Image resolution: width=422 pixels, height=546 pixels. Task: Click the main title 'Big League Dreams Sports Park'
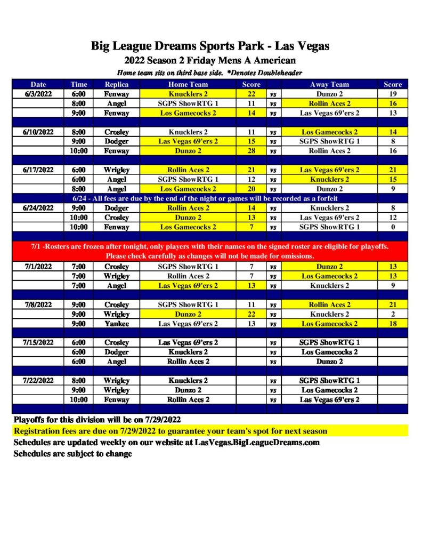click(210, 46)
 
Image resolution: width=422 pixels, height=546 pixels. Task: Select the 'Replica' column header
click(117, 84)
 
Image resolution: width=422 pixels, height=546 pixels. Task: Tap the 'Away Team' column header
click(329, 84)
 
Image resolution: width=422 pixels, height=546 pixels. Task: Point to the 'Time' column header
click(78, 84)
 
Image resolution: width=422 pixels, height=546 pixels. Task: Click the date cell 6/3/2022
click(38, 94)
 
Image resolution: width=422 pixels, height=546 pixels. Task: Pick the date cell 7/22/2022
click(38, 381)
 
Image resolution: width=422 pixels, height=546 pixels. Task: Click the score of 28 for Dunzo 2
click(251, 151)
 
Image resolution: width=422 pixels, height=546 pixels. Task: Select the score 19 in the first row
click(393, 94)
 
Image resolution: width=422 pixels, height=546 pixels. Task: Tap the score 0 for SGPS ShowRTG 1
click(393, 227)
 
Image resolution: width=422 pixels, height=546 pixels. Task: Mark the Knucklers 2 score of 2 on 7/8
click(393, 314)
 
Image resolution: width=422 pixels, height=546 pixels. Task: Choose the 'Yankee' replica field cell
click(117, 324)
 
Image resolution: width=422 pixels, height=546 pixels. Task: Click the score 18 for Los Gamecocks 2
click(393, 324)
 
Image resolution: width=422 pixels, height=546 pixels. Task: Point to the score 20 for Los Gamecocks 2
click(251, 189)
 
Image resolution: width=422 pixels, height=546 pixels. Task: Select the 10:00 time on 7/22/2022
click(78, 399)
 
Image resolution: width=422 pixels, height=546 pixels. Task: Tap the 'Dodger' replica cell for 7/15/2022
click(117, 352)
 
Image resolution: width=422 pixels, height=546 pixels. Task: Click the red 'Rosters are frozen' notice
click(210, 251)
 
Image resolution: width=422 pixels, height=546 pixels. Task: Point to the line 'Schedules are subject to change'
click(73, 454)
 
